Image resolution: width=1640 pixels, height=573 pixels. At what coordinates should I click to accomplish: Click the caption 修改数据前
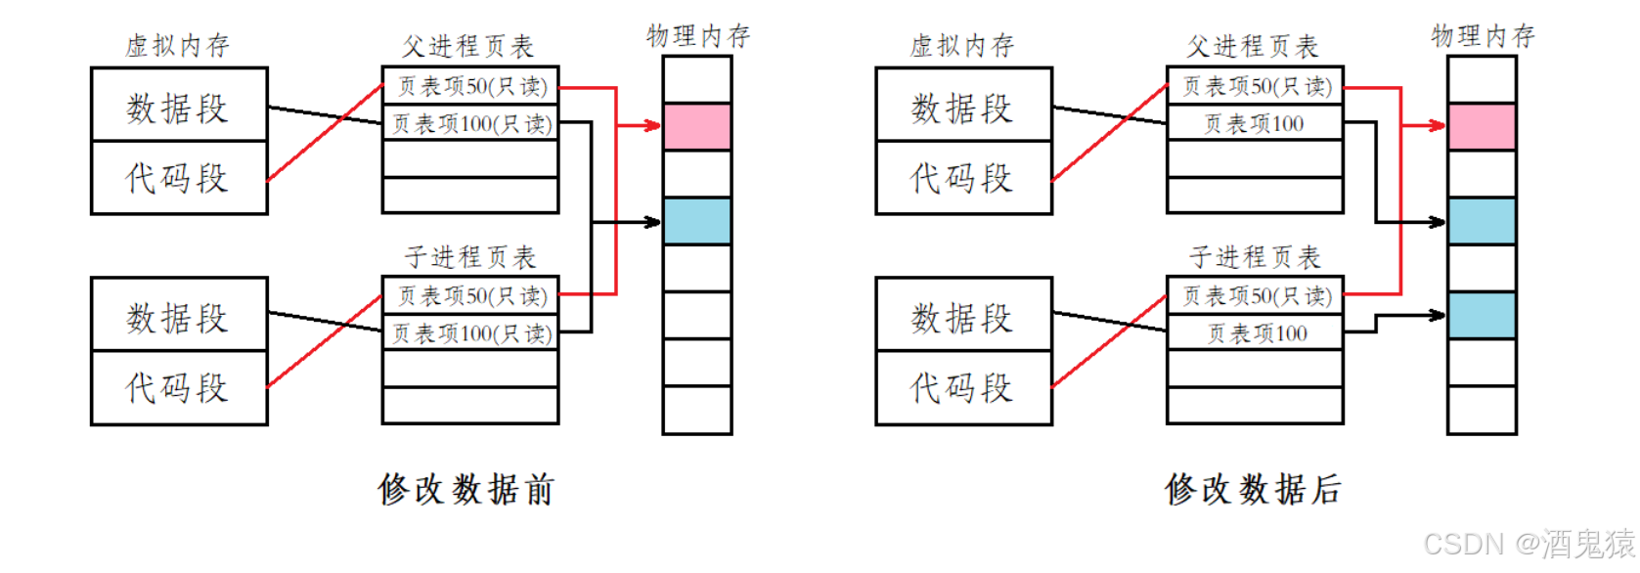(465, 489)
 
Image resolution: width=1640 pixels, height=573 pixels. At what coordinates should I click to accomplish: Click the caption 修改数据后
(1253, 489)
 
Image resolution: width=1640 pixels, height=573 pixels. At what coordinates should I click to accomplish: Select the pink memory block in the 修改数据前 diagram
(696, 127)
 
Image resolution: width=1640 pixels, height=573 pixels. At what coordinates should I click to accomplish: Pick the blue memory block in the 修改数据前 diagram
(696, 221)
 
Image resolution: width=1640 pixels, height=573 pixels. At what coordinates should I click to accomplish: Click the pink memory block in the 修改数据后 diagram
(1482, 127)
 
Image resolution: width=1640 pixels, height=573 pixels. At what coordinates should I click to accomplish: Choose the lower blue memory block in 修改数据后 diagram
(1482, 315)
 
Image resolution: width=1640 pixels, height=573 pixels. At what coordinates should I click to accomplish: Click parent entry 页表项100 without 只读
(1254, 123)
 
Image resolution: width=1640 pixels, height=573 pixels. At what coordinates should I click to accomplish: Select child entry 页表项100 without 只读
(1256, 333)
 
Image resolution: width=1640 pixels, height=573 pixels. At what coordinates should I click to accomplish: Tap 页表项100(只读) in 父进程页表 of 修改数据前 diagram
(471, 123)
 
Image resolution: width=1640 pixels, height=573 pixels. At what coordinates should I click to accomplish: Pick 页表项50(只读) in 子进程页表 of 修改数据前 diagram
(471, 295)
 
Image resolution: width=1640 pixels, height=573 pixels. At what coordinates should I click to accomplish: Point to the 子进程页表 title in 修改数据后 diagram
(1254, 257)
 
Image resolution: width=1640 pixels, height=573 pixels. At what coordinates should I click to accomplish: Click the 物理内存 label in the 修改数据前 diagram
(697, 36)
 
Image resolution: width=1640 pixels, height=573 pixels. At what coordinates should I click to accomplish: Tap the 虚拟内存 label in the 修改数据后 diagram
(961, 45)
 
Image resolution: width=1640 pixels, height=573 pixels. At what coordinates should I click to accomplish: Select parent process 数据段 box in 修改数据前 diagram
(179, 106)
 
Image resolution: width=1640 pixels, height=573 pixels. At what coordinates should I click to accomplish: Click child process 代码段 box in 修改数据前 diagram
(179, 388)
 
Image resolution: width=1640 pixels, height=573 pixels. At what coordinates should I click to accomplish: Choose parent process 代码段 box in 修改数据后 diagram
(963, 178)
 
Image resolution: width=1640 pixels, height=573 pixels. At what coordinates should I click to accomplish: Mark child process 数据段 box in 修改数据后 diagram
(963, 316)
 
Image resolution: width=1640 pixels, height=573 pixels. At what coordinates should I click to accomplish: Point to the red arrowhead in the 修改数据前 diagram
(653, 125)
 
